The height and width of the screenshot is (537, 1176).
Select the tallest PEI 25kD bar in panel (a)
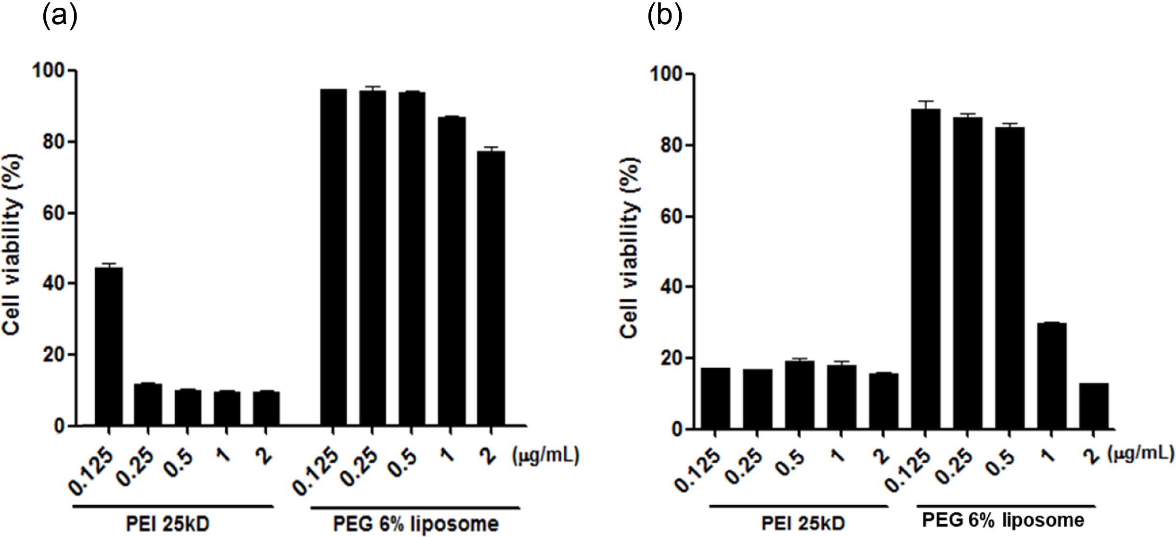109,346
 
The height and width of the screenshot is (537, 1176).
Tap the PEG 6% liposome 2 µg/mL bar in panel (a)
491,289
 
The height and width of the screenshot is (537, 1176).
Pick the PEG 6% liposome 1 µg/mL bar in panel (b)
1052,375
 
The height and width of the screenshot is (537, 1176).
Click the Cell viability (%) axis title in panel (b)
630,248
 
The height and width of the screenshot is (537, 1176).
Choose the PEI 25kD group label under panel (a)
168,524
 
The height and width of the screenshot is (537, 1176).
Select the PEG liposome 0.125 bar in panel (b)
926,269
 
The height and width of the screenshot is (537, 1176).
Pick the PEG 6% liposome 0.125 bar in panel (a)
333,257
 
